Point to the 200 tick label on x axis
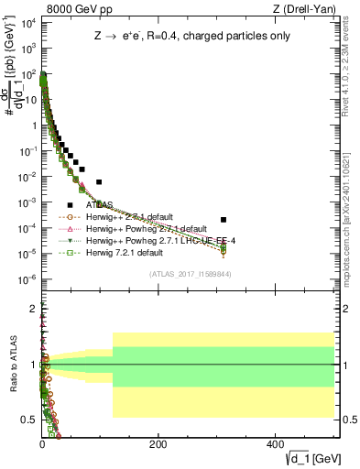[x=158, y=443]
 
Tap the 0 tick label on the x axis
[x=42, y=443]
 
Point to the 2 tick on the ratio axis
[x=30, y=308]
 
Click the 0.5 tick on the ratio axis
[x=27, y=420]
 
